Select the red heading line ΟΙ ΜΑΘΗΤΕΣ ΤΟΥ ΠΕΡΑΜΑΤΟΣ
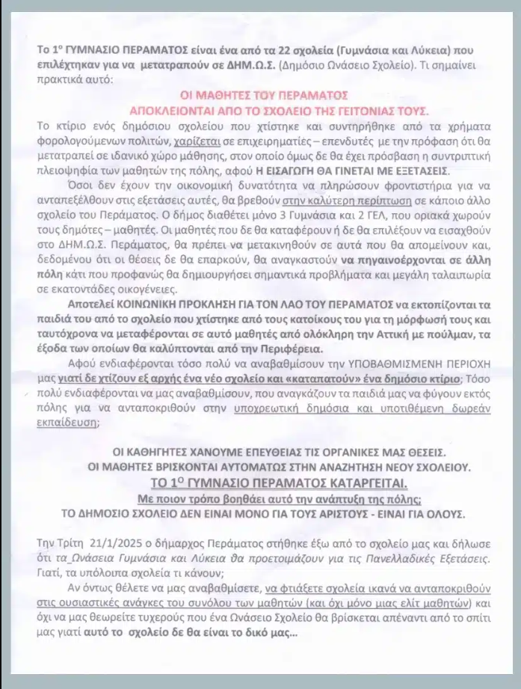pyautogui.click(x=265, y=95)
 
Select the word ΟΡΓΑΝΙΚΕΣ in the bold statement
pyautogui.click(x=358, y=453)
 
